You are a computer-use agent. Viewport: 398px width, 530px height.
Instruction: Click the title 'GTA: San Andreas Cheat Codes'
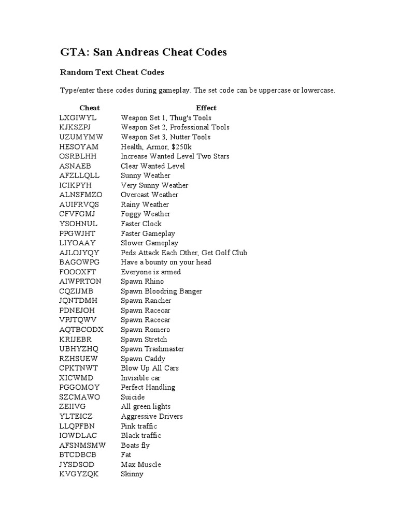pos(144,52)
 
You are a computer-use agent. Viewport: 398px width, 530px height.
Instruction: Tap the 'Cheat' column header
pos(90,108)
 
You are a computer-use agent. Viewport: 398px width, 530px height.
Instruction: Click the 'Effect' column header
pos(206,108)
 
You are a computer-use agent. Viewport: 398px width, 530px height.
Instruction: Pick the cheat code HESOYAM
pos(79,146)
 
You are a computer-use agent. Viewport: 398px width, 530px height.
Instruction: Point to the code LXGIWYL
pos(78,117)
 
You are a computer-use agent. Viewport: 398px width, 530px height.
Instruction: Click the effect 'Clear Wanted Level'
pos(153,166)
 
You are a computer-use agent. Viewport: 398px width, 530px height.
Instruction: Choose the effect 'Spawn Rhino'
pos(141,281)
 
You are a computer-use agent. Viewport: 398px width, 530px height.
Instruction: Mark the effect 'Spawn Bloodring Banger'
pos(162,291)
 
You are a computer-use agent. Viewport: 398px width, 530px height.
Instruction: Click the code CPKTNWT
pos(79,368)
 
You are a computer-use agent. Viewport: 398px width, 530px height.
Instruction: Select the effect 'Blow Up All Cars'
pos(150,368)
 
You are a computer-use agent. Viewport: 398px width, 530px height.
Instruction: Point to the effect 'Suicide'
pos(133,397)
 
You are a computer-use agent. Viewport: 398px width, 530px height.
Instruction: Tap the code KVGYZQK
pos(79,474)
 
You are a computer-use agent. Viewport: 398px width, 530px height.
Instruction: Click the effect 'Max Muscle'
pos(141,464)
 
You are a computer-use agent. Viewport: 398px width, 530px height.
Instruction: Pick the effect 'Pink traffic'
pos(139,426)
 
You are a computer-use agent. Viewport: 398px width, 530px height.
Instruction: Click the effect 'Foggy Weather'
pos(146,214)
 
